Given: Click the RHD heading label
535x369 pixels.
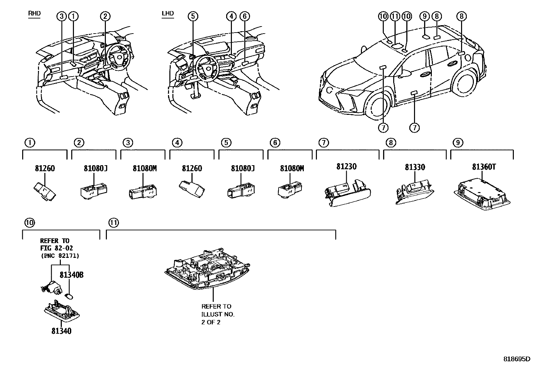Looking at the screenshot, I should point(34,13).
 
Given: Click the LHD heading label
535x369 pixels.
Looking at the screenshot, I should point(168,13).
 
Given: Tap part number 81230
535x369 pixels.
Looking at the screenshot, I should point(346,167).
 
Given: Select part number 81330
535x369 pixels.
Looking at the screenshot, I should point(415,167).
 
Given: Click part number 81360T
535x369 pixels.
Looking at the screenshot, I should point(484,167).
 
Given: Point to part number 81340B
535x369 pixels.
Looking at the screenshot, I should point(71,275).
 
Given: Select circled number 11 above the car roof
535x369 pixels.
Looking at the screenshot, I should point(395,16).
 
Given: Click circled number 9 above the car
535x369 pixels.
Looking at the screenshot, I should point(425,16).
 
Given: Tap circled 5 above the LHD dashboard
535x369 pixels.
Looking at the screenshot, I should point(193,16).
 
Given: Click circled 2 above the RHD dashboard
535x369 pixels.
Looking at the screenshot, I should point(105,16).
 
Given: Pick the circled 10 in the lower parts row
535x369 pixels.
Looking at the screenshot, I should point(30,223).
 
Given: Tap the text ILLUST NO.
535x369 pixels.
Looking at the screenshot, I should point(218,314).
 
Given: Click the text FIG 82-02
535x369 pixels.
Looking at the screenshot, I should point(56,248).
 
